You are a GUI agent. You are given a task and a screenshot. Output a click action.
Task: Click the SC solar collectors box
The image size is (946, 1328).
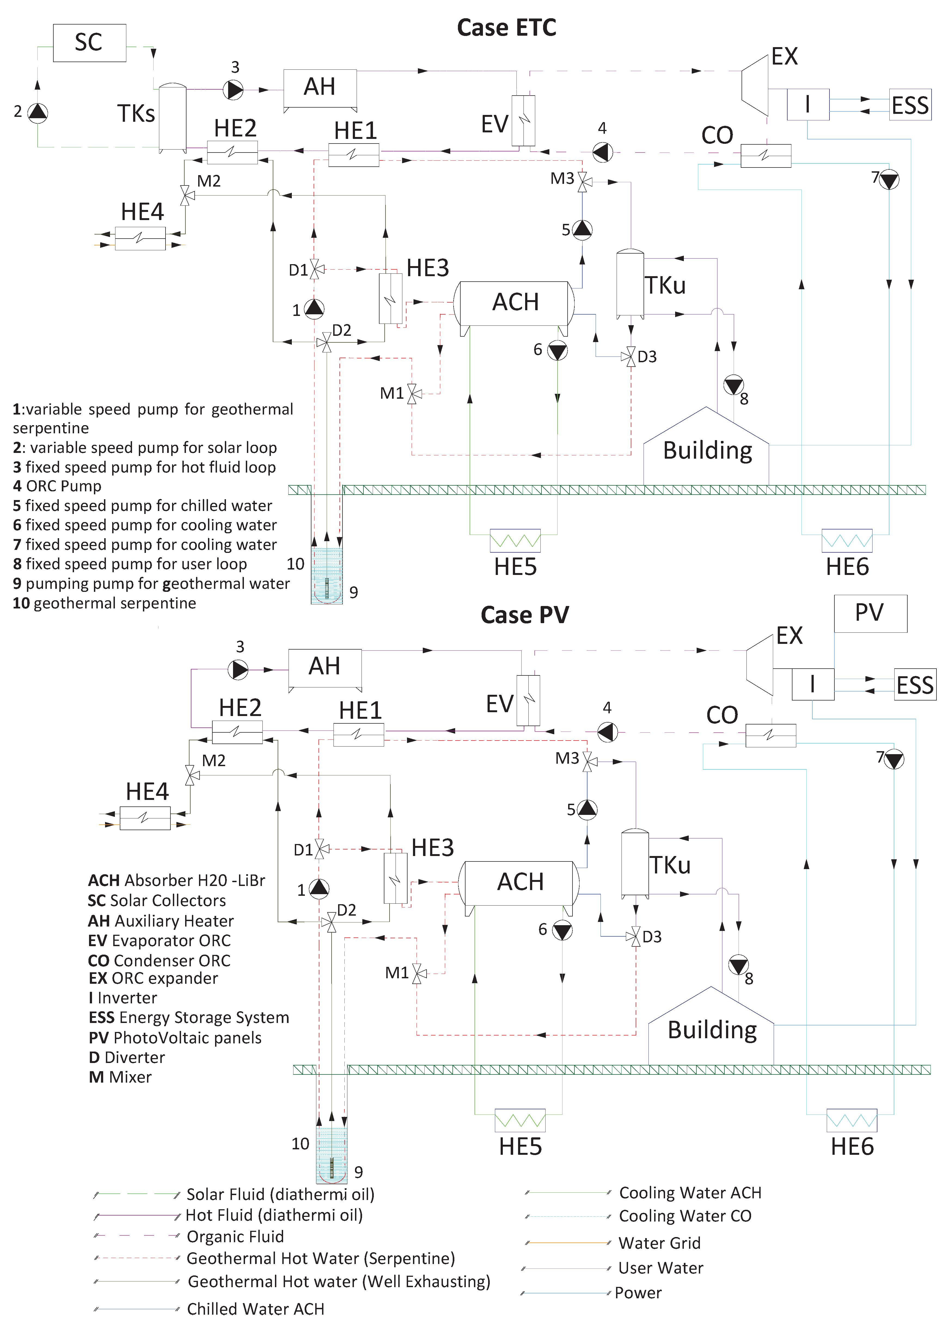click(x=89, y=42)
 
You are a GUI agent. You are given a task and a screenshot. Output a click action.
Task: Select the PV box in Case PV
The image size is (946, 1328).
click(x=870, y=613)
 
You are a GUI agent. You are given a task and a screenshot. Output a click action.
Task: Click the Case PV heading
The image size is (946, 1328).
click(x=524, y=615)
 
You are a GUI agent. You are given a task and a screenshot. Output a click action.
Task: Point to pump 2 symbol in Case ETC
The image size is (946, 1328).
click(x=38, y=112)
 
